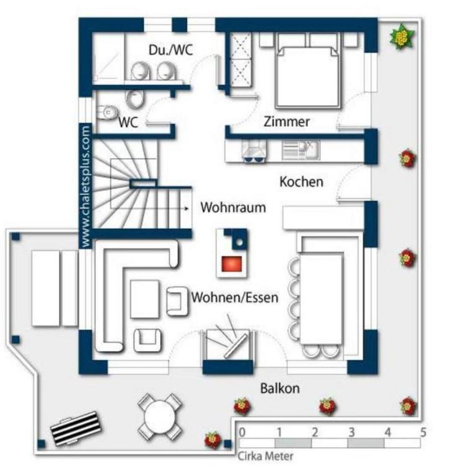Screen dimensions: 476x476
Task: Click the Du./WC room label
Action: pos(170,50)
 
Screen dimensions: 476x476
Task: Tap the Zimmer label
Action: pos(286,121)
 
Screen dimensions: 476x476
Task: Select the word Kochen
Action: pos(301,182)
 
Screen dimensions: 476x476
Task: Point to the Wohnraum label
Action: pos(233,208)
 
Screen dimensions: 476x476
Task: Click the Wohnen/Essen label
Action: pos(235,297)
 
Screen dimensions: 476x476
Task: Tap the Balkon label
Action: pos(280,388)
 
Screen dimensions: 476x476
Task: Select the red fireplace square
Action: pos(232,263)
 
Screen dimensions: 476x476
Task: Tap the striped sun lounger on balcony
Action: pos(76,428)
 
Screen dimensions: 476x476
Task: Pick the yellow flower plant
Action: pos(402,36)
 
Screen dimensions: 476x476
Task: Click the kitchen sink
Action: pos(301,150)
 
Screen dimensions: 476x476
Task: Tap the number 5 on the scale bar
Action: pos(423,432)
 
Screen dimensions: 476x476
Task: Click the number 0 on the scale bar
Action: pos(242,432)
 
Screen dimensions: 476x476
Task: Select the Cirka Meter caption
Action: pos(265,456)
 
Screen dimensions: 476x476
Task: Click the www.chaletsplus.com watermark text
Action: pos(86,186)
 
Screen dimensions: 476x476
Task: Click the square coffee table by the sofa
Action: pos(144,299)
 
